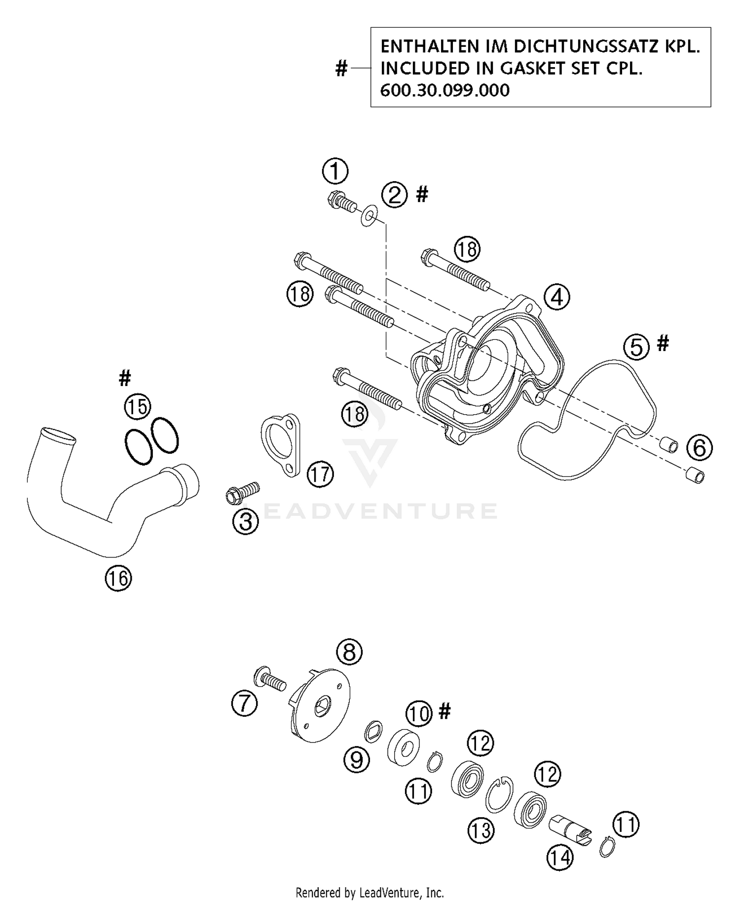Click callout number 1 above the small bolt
tap(335, 172)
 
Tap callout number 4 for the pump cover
tap(557, 297)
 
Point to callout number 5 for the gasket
tap(636, 347)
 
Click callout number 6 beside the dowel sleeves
tap(700, 447)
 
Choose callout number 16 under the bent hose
tap(118, 578)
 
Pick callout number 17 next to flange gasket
tap(320, 474)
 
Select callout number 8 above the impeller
tap(349, 652)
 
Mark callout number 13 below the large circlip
tap(481, 830)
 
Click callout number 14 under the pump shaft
tap(560, 858)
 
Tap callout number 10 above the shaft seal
tap(419, 713)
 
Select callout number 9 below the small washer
tap(356, 760)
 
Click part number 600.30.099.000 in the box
tap(444, 90)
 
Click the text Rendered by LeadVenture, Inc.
tap(370, 893)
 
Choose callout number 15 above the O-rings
tap(137, 407)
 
